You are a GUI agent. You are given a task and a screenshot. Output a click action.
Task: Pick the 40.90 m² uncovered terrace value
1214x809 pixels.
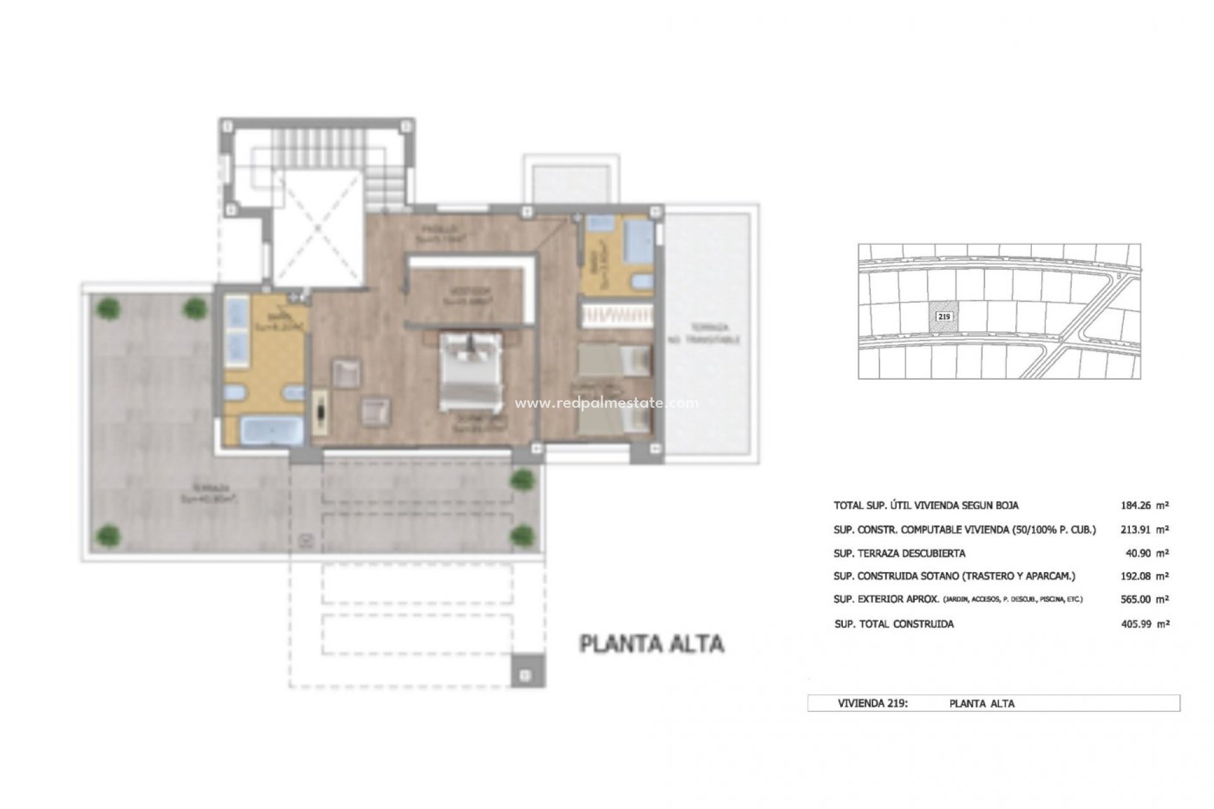[1143, 553]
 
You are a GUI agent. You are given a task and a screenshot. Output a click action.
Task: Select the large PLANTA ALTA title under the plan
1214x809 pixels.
[652, 644]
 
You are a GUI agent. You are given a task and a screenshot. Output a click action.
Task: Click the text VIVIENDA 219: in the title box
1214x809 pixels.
[873, 703]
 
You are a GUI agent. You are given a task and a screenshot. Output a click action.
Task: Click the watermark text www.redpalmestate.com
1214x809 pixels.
[606, 403]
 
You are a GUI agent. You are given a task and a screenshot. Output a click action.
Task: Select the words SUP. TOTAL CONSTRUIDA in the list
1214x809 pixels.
[894, 624]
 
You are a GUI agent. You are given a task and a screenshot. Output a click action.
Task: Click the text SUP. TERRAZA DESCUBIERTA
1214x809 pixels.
[899, 553]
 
